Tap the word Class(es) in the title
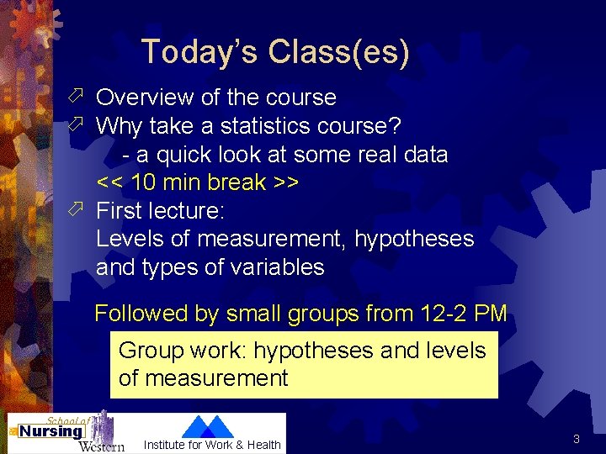pyautogui.click(x=339, y=52)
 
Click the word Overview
pyautogui.click(x=146, y=98)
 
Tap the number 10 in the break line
pyautogui.click(x=144, y=182)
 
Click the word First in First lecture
pyautogui.click(x=120, y=210)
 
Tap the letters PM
pyautogui.click(x=491, y=314)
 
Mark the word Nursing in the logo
pyautogui.click(x=50, y=431)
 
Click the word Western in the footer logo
pyautogui.click(x=101, y=446)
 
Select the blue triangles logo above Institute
pyautogui.click(x=207, y=426)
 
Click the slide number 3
pyautogui.click(x=577, y=439)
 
